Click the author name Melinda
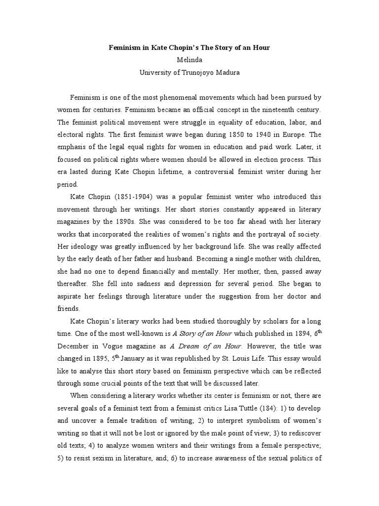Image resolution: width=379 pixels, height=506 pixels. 189,60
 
